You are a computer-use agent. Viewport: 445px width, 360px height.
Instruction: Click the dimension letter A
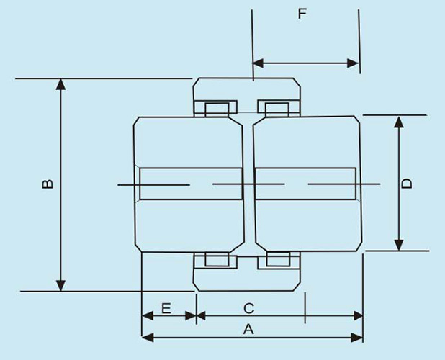(249, 330)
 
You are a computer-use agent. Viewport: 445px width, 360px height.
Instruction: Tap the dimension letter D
(407, 183)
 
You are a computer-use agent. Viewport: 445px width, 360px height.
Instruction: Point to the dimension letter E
(166, 308)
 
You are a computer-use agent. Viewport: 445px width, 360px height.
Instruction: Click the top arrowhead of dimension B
(61, 84)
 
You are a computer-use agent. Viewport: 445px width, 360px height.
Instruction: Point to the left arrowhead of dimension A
(147, 337)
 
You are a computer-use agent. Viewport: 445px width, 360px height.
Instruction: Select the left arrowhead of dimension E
(147, 315)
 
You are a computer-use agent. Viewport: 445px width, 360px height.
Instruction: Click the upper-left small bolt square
(215, 109)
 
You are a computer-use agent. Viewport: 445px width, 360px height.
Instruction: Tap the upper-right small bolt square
(277, 109)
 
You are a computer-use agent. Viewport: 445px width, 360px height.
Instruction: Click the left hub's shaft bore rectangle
(191, 184)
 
